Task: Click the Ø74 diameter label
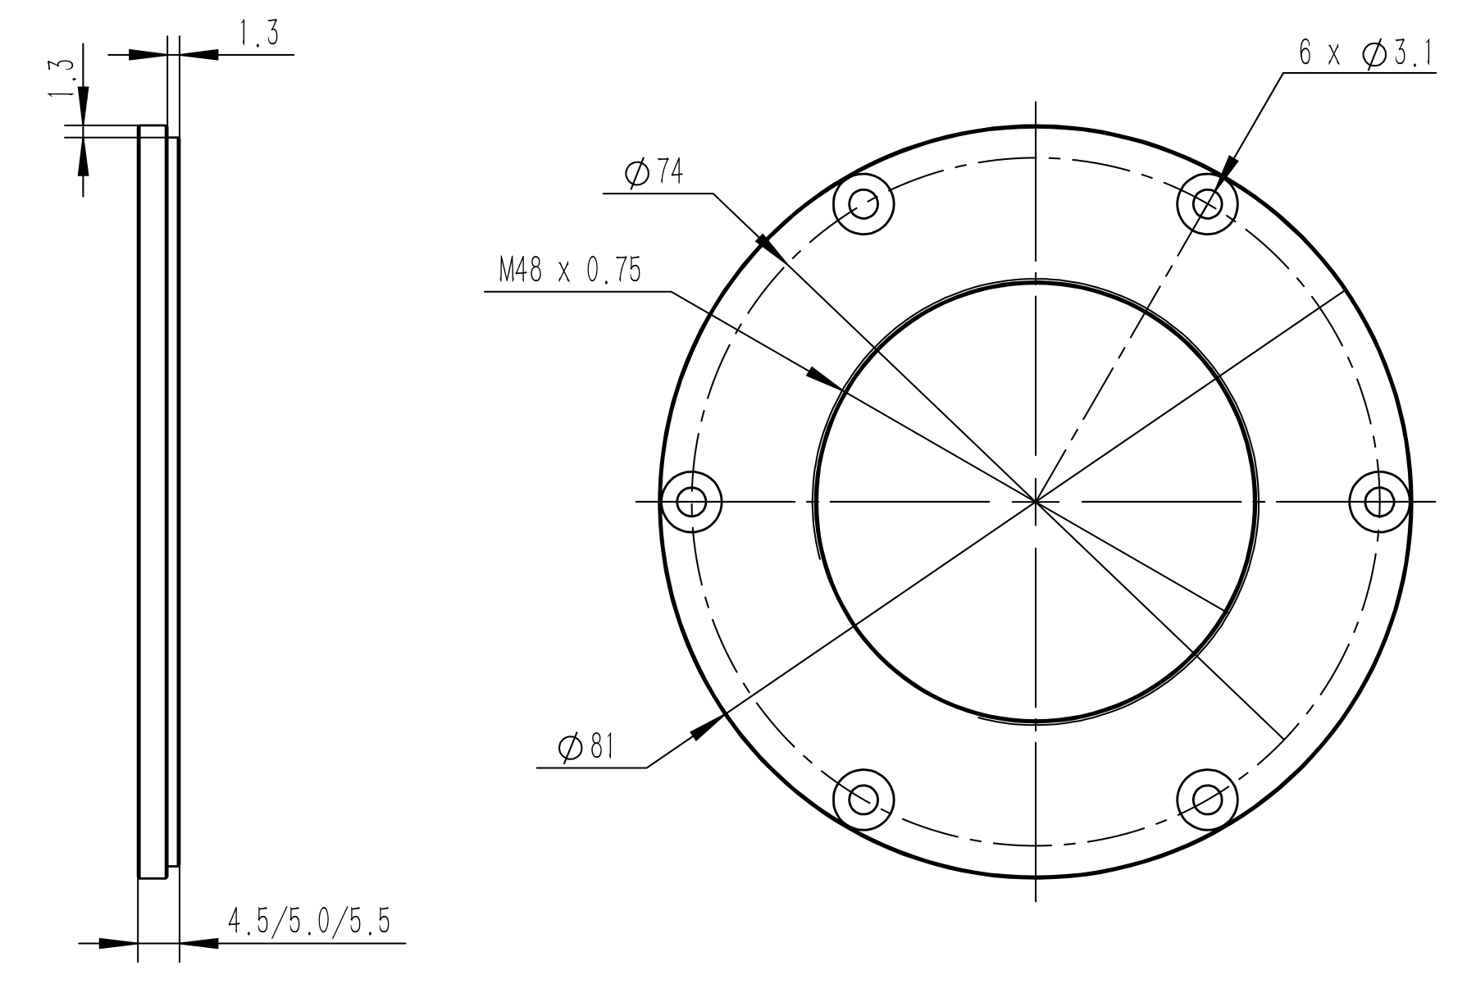[654, 174]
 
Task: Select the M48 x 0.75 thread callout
[570, 271]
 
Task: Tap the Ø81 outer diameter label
[586, 747]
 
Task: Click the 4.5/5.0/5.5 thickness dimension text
[308, 922]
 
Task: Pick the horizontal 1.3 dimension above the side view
[258, 35]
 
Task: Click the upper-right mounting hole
[1207, 203]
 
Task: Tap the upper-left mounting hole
[863, 203]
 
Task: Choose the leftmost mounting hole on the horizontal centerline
[691, 500]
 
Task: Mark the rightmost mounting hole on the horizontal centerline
[1380, 500]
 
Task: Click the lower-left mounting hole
[863, 798]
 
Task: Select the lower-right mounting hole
[1207, 798]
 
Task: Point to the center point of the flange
[1036, 500]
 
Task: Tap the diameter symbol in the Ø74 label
[636, 174]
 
